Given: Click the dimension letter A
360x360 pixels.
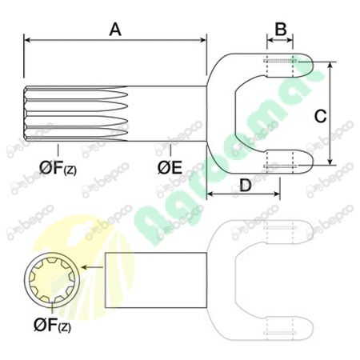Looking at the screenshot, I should [x=115, y=29].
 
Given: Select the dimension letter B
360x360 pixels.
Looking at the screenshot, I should [x=280, y=29].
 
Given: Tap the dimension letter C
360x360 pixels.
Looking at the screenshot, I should [x=319, y=115].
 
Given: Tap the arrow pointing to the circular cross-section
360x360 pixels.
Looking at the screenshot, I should [x=92, y=271].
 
